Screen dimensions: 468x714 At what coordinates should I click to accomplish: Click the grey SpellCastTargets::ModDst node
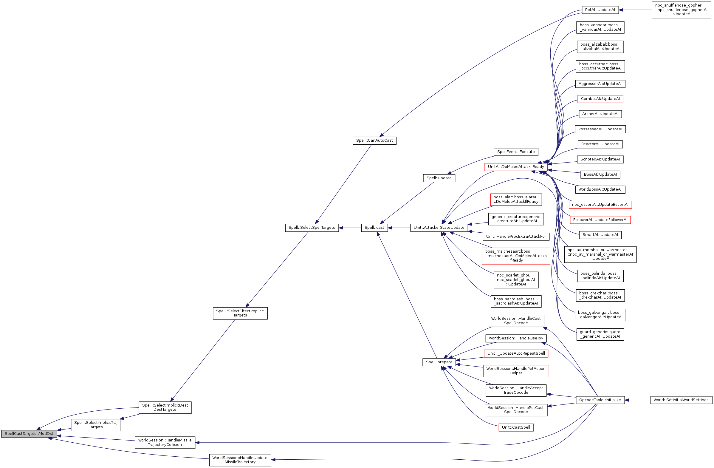29,434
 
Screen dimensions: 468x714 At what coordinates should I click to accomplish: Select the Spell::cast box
374,228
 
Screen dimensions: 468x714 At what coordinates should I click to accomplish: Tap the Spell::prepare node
439,362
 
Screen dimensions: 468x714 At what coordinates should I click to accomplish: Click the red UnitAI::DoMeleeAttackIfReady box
516,167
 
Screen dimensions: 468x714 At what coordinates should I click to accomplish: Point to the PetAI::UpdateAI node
600,10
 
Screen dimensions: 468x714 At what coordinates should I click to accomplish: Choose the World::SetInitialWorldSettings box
681,400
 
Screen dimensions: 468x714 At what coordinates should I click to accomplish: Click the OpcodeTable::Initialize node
600,400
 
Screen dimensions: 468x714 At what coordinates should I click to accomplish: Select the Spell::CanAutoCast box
374,140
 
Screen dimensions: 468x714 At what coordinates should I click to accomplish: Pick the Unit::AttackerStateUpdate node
439,228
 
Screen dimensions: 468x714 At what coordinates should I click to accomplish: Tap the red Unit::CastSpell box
516,427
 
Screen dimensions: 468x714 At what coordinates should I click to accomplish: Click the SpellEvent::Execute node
516,152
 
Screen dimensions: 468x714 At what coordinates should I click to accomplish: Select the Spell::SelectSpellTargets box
312,228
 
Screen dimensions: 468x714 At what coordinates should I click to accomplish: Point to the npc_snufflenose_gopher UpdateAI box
681,10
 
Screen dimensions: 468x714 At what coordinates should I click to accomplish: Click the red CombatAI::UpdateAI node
600,99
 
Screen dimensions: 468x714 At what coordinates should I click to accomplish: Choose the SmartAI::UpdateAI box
600,235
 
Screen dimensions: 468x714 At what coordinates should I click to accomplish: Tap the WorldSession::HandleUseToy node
516,338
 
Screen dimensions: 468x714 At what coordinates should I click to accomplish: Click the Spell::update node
439,178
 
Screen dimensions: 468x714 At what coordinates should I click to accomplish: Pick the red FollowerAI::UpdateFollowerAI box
600,220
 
